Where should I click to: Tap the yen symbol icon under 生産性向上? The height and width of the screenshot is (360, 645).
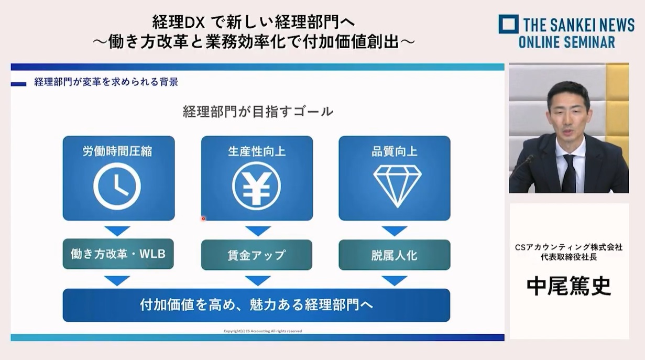pos(256,186)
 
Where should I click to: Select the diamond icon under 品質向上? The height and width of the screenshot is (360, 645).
pos(397,186)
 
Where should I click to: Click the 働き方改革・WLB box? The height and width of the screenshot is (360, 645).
pos(118,254)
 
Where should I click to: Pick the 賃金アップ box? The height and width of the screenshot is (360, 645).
pos(257,255)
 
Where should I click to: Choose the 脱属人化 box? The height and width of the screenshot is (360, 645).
pos(395,255)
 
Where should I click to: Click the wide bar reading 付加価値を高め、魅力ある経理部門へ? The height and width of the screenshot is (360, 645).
pos(256,305)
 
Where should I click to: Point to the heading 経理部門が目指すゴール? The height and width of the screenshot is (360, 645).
pos(258,112)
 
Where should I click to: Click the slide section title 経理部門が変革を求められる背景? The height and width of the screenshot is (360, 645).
pos(106,82)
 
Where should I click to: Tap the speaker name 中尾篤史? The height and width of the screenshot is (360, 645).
pos(569,286)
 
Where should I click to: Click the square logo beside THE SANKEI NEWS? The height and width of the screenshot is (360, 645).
pos(509,24)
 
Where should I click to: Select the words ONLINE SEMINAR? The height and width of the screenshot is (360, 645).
pos(567,42)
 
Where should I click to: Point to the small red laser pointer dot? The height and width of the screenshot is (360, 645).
pos(203,219)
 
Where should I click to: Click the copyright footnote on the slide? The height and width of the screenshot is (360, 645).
pos(263,331)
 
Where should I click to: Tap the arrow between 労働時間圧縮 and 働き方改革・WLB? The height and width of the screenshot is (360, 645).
pos(117,231)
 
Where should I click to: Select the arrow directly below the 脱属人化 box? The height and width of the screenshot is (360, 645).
pos(395,280)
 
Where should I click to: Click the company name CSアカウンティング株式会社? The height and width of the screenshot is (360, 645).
pos(569,247)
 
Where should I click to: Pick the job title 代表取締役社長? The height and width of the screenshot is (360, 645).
pos(569,257)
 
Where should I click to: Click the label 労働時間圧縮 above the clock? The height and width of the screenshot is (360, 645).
pos(117,151)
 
